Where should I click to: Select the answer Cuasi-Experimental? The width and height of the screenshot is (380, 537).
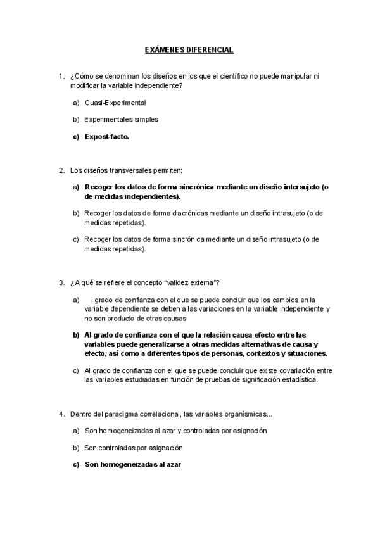pyautogui.click(x=115, y=103)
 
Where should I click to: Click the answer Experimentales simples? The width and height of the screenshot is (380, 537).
pyautogui.click(x=121, y=119)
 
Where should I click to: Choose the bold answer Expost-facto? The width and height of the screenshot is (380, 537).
pyautogui.click(x=107, y=136)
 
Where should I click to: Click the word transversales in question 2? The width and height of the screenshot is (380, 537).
pyautogui.click(x=125, y=170)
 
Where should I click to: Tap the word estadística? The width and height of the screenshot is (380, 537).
pyautogui.click(x=298, y=380)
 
